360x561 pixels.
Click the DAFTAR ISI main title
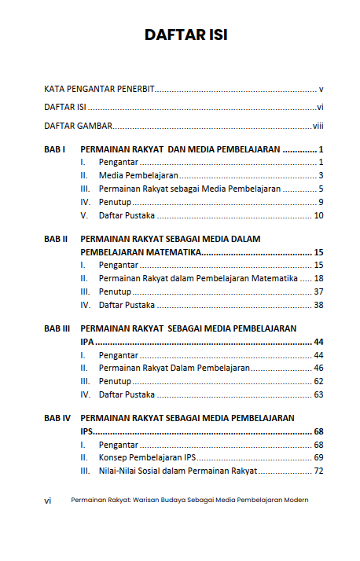point(186,35)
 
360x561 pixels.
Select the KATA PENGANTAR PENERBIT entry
point(98,89)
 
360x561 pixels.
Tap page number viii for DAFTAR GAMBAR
point(318,126)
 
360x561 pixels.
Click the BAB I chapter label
point(54,148)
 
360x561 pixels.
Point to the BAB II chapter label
point(56,239)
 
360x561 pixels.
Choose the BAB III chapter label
point(57,328)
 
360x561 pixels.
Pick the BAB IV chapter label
point(57,418)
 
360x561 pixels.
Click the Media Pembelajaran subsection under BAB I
point(138,175)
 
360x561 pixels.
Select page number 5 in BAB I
point(321,189)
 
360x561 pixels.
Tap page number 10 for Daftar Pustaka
point(319,215)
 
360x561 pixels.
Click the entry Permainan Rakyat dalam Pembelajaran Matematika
point(198,278)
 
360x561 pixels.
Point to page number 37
point(319,291)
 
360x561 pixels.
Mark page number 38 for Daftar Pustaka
point(319,305)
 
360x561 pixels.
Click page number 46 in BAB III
point(319,368)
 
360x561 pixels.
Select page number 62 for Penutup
point(319,381)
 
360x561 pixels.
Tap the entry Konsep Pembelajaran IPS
point(147,457)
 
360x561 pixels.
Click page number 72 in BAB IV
point(319,471)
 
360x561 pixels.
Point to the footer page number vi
point(48,500)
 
